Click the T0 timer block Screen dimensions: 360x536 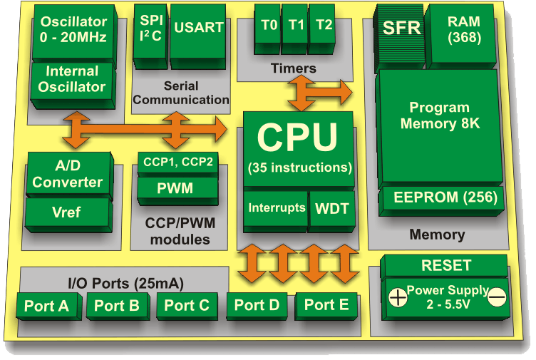(269, 25)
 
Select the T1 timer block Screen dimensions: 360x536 (297, 25)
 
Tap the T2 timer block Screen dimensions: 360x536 (324, 25)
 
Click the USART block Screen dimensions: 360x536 (198, 29)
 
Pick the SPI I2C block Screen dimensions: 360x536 (150, 29)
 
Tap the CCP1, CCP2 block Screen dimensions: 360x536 (177, 161)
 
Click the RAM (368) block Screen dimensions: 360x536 (464, 29)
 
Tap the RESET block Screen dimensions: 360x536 (446, 265)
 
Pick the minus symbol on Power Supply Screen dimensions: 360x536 (498, 294)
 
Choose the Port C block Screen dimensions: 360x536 (187, 306)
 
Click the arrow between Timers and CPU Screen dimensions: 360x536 (319, 91)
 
